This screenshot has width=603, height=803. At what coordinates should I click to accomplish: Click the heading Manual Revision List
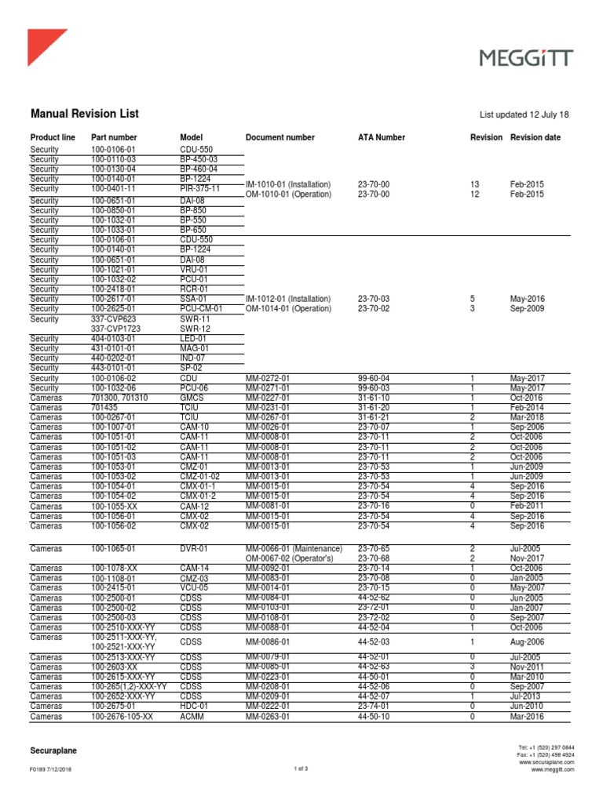pyautogui.click(x=84, y=114)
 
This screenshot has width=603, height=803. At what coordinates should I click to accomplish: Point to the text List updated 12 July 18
pyautogui.click(x=524, y=114)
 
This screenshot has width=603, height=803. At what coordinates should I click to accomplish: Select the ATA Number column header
pyautogui.click(x=381, y=137)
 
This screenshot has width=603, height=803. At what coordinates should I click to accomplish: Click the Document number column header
pyautogui.click(x=280, y=137)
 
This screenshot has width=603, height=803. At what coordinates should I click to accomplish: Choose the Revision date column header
pyautogui.click(x=535, y=137)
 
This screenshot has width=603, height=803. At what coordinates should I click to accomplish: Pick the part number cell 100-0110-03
pyautogui.click(x=113, y=159)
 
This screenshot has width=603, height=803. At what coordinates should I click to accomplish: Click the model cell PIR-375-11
pyautogui.click(x=199, y=189)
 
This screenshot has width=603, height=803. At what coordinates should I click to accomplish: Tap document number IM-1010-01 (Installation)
pyautogui.click(x=288, y=184)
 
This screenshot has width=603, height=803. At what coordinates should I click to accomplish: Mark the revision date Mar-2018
pyautogui.click(x=526, y=417)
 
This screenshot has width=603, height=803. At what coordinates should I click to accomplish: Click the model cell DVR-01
pyautogui.click(x=194, y=548)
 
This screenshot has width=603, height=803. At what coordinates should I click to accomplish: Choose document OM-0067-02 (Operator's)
pyautogui.click(x=291, y=558)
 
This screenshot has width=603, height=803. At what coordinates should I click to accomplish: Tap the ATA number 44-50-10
pyautogui.click(x=373, y=717)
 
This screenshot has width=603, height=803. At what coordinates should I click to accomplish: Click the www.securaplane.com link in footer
pyautogui.click(x=546, y=761)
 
